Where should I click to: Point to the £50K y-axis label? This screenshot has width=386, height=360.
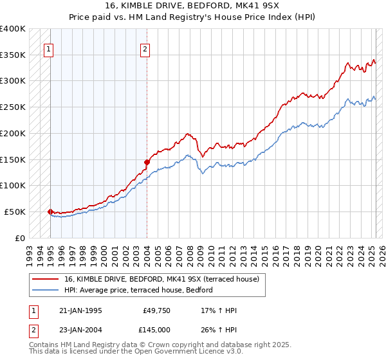pyautogui.click(x=15, y=212)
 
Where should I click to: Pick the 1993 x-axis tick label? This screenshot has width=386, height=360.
pyautogui.click(x=30, y=250)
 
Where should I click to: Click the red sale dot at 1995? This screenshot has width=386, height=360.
pyautogui.click(x=50, y=211)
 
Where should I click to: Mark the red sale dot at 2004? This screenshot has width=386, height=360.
pyautogui.click(x=147, y=162)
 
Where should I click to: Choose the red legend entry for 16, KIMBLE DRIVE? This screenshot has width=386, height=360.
pyautogui.click(x=161, y=279)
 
